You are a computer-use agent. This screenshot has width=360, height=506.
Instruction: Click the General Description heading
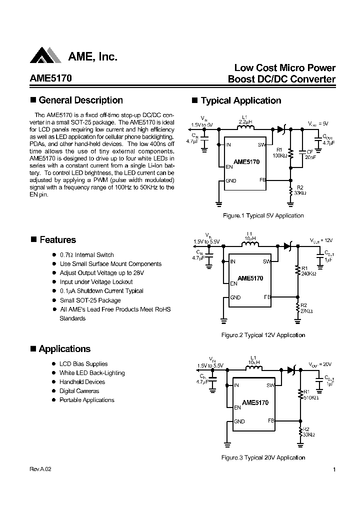pyautogui.click(x=80, y=100)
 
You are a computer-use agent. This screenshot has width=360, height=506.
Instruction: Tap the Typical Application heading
pyautogui.click(x=240, y=100)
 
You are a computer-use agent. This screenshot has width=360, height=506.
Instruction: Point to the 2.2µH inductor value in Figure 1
pyautogui.click(x=245, y=122)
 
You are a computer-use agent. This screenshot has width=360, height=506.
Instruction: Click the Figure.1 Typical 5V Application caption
pyautogui.click(x=263, y=215)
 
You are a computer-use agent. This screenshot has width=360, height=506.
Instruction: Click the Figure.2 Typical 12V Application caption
pyautogui.click(x=263, y=335)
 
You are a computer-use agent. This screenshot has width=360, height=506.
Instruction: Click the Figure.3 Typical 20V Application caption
pyautogui.click(x=263, y=457)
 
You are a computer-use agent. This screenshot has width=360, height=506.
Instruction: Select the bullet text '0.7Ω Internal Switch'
pyautogui.click(x=86, y=255)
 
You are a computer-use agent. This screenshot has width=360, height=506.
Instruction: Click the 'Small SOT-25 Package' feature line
pyautogui.click(x=90, y=300)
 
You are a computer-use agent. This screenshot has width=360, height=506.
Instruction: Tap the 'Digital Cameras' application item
pyautogui.click(x=79, y=391)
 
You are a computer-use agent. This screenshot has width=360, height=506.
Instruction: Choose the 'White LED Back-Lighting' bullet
pyautogui.click(x=92, y=373)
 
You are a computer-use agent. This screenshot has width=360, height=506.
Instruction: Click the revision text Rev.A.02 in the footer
pyautogui.click(x=40, y=469)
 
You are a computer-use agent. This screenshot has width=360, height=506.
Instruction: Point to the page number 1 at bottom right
pyautogui.click(x=334, y=469)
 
